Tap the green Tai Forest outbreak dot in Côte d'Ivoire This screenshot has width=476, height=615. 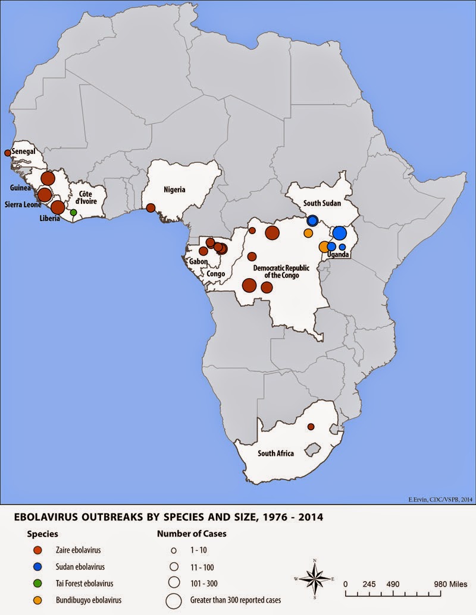(x=73, y=212)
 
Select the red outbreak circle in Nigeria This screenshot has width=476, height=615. (x=151, y=207)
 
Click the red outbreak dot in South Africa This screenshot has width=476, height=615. (x=311, y=427)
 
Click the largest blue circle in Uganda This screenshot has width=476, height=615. (x=339, y=233)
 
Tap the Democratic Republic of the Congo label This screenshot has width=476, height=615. (x=281, y=272)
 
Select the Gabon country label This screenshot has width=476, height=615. (x=198, y=261)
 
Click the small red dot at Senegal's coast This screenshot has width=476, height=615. (x=7, y=153)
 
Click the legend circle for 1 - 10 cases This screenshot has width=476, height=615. (x=174, y=550)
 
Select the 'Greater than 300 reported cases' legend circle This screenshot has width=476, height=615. (x=174, y=600)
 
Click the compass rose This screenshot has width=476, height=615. (x=314, y=578)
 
